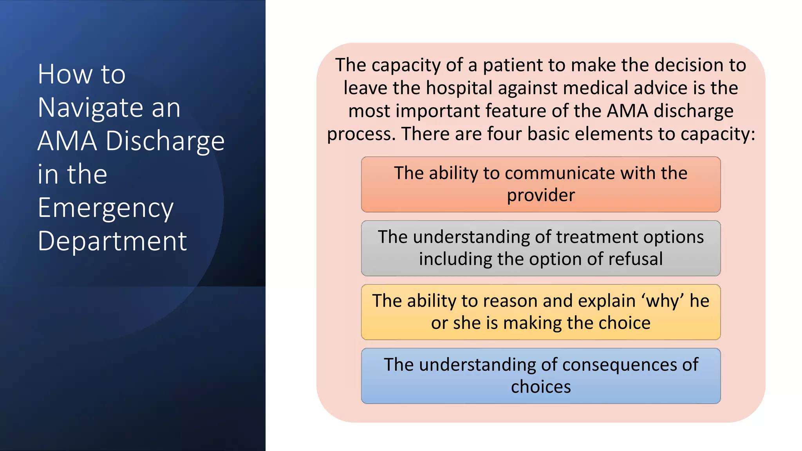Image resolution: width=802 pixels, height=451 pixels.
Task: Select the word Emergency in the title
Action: pos(105,208)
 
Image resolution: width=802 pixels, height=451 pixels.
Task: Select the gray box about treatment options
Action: pos(540,248)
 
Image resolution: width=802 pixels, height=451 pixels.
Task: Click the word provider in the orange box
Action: pos(541,195)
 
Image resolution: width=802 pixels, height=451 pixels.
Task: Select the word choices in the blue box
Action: pos(541,387)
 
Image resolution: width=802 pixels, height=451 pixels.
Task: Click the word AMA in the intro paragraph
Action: pos(627,111)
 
